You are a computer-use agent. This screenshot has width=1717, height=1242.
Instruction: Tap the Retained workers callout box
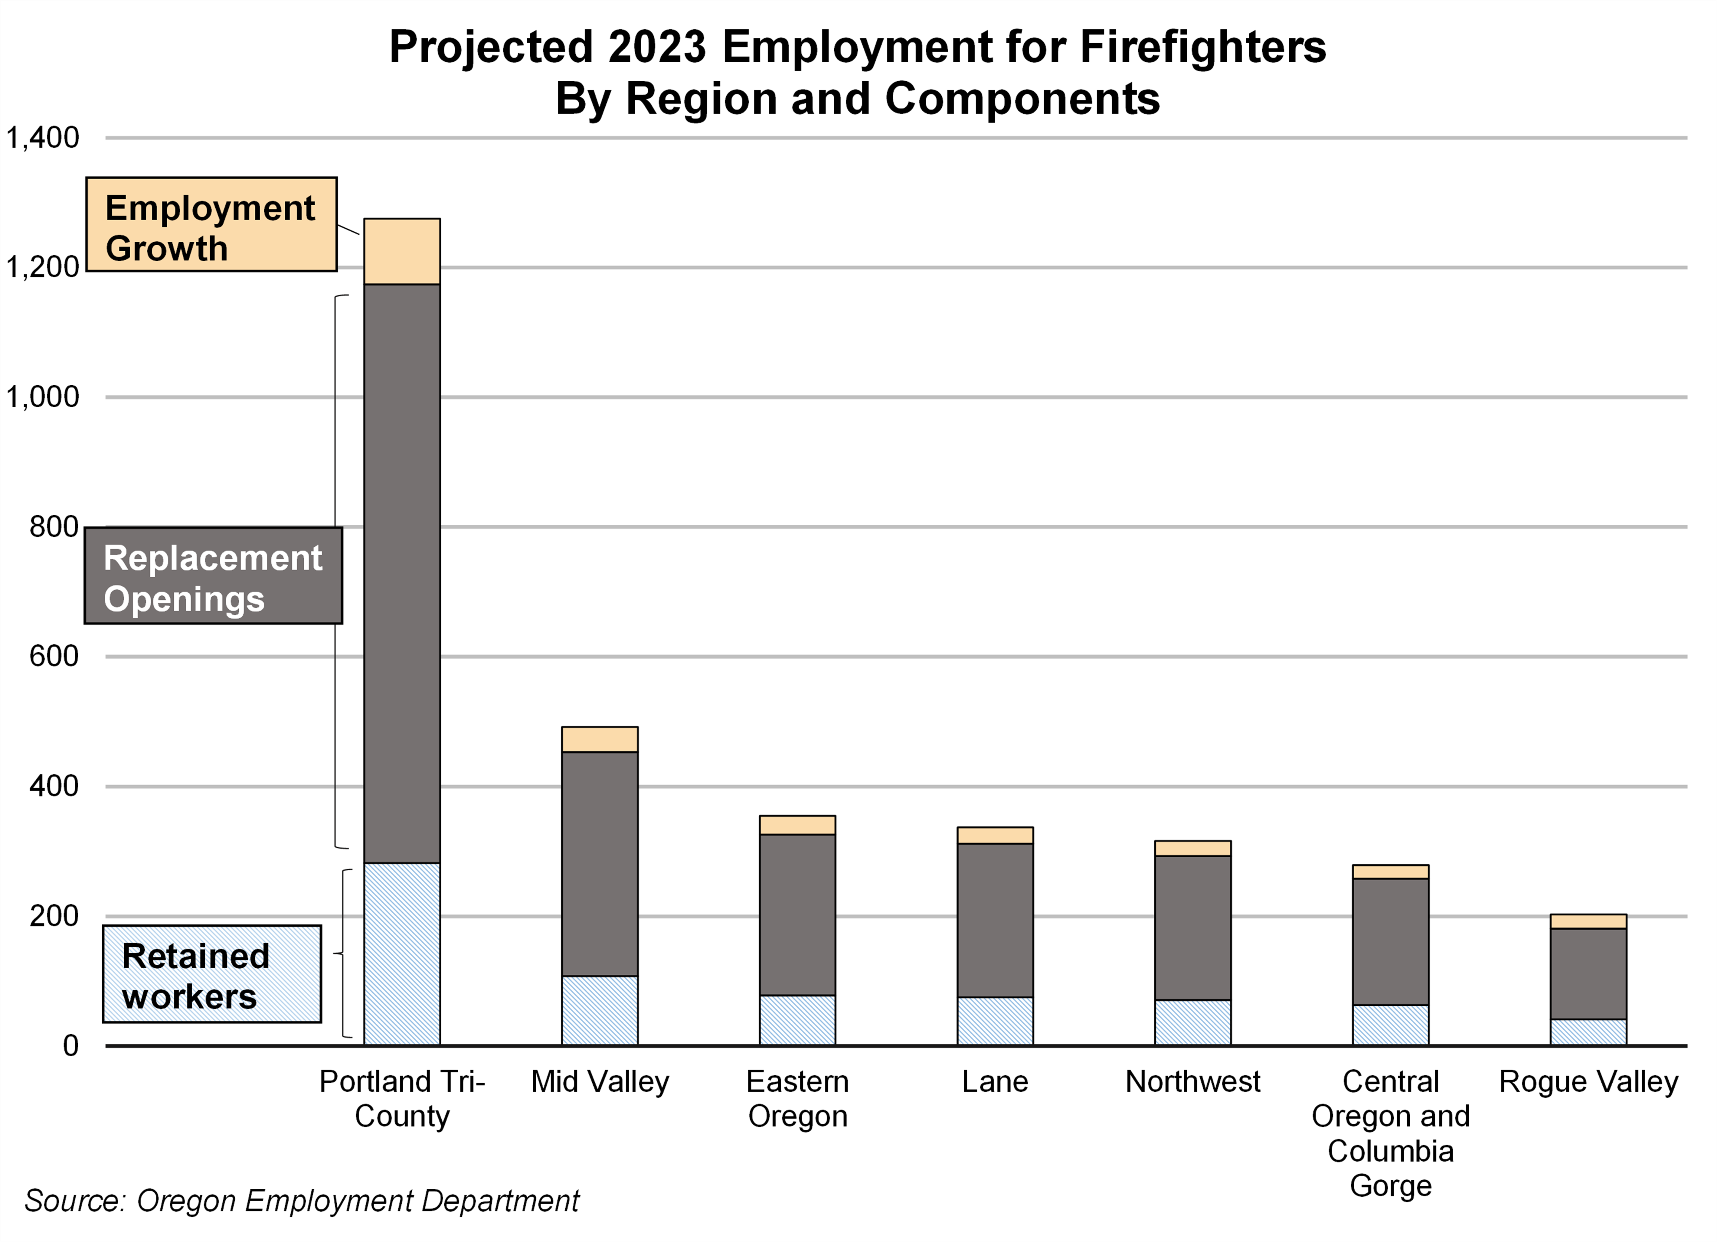(212, 974)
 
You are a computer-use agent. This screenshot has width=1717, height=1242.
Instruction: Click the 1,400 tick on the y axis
(42, 138)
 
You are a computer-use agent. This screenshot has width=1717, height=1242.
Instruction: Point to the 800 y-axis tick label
(54, 527)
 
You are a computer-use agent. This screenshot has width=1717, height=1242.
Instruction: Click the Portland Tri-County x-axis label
(402, 1098)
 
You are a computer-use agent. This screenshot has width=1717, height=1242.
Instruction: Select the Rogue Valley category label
(1588, 1081)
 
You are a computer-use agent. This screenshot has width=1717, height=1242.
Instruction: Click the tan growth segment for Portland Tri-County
(402, 251)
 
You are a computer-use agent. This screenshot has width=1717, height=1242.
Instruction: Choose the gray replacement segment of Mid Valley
(600, 864)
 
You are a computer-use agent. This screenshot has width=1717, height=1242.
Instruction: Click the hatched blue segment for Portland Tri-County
(402, 954)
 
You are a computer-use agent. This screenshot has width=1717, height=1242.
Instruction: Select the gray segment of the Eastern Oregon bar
(797, 914)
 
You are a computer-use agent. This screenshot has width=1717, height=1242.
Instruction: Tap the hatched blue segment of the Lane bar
(995, 1021)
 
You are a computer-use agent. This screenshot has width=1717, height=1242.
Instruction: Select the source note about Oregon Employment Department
(302, 1200)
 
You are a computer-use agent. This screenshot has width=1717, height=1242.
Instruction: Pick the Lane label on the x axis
(995, 1081)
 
